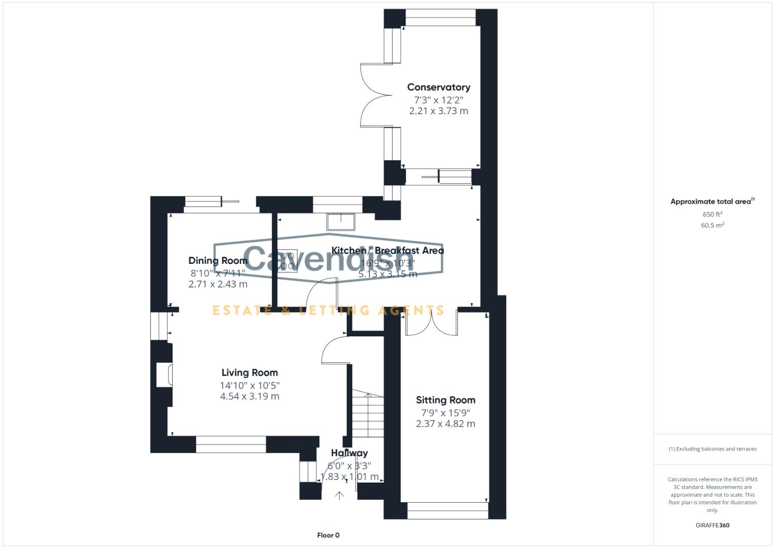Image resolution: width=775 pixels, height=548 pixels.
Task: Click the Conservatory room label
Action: [439, 87]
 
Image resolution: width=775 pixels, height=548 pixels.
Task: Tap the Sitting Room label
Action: [446, 400]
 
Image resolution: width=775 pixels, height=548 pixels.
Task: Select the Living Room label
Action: [250, 372]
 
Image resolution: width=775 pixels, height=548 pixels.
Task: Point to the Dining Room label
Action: [218, 260]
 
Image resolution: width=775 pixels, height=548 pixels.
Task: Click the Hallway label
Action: [349, 453]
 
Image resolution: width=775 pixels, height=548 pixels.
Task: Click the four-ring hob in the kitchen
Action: [287, 261]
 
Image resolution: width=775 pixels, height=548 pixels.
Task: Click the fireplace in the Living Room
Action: [164, 375]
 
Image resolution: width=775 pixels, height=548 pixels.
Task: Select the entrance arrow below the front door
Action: [340, 495]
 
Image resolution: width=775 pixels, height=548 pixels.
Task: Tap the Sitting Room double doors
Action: [431, 324]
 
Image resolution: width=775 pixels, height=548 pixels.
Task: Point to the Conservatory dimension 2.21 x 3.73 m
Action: [439, 111]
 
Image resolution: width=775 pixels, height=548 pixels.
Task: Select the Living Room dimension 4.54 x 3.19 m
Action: [250, 396]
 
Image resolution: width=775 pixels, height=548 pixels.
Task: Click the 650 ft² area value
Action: [712, 214]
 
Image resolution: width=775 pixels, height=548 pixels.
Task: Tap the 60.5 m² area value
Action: [712, 225]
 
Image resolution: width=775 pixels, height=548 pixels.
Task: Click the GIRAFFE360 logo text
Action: [712, 525]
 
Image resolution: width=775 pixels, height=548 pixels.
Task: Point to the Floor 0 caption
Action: [328, 535]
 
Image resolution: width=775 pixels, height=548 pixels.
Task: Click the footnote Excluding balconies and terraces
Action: [712, 449]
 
